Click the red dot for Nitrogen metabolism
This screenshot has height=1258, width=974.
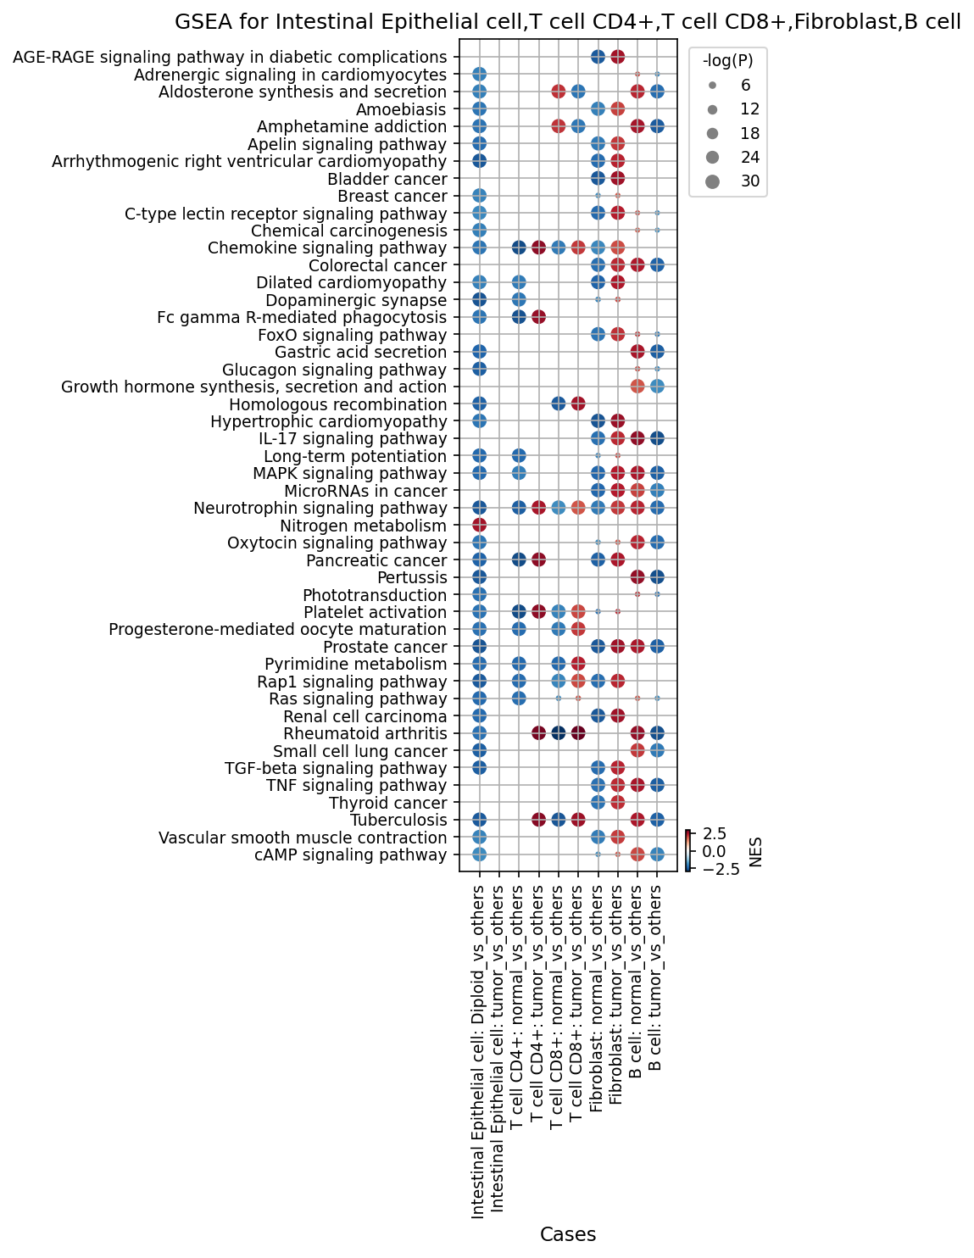click(479, 525)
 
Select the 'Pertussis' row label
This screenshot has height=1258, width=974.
click(412, 578)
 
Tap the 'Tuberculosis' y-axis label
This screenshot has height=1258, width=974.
click(398, 821)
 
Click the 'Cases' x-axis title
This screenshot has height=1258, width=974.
click(568, 1233)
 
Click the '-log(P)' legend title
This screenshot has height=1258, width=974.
click(727, 61)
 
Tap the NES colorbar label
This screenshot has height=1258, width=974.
click(755, 852)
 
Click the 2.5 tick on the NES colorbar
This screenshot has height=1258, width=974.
click(714, 833)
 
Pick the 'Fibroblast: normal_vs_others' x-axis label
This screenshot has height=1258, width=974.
click(596, 998)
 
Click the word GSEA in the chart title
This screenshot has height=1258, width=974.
click(198, 21)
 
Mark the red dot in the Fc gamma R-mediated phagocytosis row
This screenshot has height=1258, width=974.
click(538, 317)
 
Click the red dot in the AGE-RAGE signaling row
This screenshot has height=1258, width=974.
click(617, 57)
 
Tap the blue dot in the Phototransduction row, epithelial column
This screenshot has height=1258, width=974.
click(479, 594)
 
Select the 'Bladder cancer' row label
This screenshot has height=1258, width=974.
click(387, 179)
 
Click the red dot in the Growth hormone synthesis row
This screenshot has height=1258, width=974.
click(637, 387)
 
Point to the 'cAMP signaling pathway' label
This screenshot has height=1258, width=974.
click(351, 855)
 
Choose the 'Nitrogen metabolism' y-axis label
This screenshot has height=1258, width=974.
click(364, 526)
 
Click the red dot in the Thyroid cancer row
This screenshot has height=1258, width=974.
click(617, 803)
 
